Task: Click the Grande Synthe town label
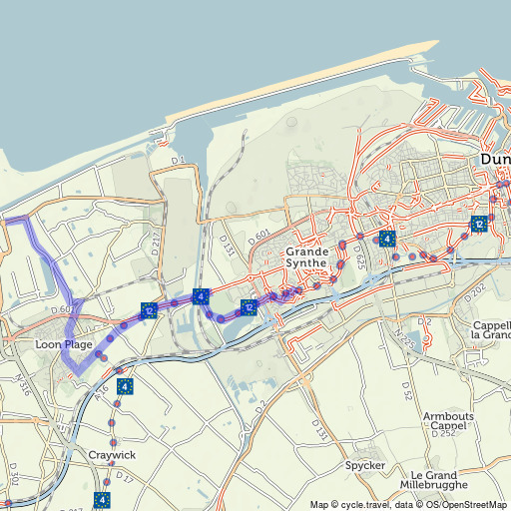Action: click(306, 257)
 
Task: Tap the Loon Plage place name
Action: click(64, 344)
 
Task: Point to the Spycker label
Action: click(364, 465)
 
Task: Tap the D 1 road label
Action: click(179, 160)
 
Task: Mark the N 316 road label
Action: click(22, 384)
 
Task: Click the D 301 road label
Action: click(13, 470)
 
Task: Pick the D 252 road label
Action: click(444, 434)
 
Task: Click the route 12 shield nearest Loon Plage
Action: click(150, 310)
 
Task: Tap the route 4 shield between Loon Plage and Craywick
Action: click(124, 386)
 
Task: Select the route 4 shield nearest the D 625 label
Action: click(386, 239)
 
